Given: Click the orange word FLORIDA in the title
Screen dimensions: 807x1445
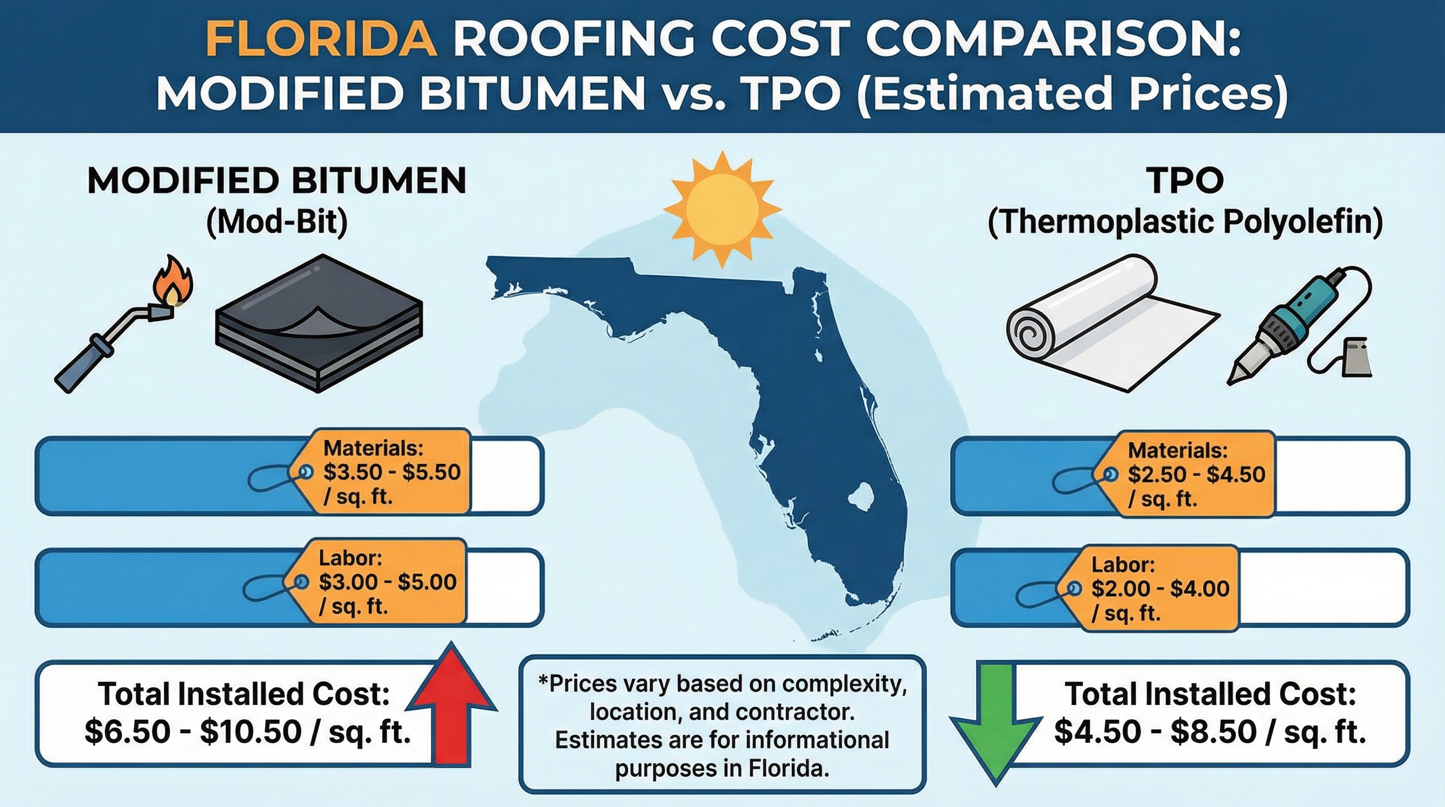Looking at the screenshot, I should coord(321,40).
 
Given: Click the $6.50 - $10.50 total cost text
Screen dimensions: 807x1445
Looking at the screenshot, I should coord(247,732).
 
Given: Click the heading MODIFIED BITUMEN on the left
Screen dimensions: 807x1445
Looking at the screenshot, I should coord(277,181).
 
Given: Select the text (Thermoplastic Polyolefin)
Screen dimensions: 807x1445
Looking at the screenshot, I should coord(1184,223).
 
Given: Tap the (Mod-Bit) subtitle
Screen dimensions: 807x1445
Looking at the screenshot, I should coord(277,223).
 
